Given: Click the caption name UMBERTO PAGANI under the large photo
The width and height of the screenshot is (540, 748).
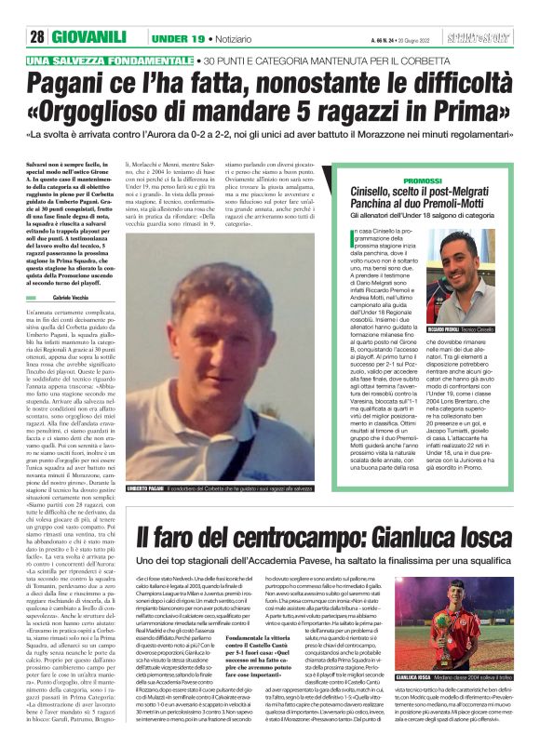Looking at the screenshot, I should click(147, 488).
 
